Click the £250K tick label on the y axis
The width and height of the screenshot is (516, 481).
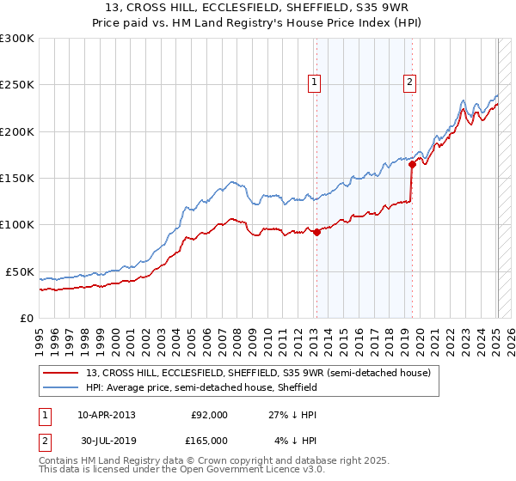(x=16, y=85)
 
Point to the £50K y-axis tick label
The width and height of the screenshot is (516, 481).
(x=19, y=271)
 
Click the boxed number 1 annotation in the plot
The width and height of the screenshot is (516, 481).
(x=315, y=82)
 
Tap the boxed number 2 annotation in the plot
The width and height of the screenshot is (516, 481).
(x=410, y=82)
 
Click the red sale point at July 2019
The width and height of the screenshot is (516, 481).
(x=413, y=164)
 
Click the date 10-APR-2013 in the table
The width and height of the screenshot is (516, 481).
(x=106, y=415)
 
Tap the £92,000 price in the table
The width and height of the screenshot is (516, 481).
(x=209, y=415)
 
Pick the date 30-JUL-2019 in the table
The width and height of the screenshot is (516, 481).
(x=106, y=441)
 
